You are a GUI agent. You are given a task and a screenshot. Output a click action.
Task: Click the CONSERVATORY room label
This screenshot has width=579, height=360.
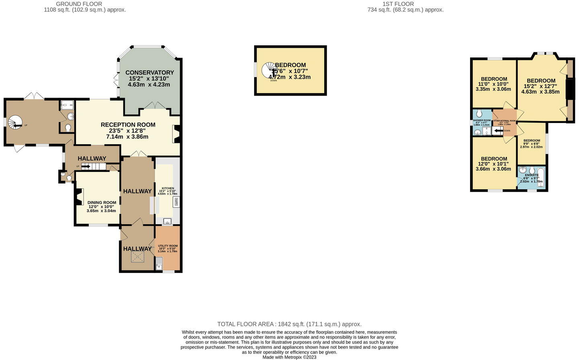[x=149, y=73]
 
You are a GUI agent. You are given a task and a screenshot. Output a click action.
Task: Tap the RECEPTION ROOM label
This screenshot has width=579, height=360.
[x=128, y=125]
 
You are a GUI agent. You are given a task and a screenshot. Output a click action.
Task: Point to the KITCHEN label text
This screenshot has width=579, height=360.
[x=168, y=188]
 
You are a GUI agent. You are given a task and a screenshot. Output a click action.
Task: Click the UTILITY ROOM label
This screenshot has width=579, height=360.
[x=168, y=246]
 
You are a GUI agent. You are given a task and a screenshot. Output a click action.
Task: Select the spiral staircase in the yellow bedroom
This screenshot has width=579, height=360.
[x=269, y=71]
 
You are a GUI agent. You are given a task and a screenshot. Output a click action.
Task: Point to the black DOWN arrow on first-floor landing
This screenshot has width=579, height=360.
[x=497, y=131]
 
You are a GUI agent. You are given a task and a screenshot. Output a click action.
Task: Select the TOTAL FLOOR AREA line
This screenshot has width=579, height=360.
[x=289, y=324]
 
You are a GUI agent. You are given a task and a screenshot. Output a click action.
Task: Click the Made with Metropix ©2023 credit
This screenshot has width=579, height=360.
[x=289, y=357]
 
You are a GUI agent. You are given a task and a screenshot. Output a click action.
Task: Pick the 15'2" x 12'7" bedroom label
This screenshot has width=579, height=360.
[x=541, y=81]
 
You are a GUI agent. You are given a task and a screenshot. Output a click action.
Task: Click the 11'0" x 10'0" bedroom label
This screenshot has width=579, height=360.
[x=494, y=79]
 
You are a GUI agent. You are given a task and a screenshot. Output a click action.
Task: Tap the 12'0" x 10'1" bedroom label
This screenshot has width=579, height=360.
[x=494, y=159]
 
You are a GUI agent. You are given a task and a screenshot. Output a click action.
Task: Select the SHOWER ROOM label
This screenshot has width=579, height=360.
[x=482, y=121]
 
